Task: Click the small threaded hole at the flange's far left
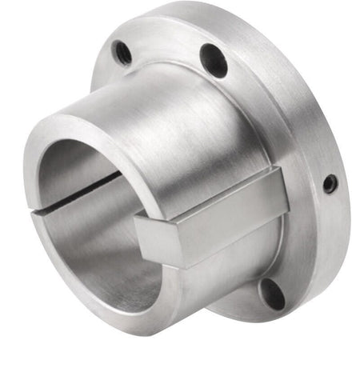(x=122, y=53)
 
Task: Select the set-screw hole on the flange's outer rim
(x=329, y=184)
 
